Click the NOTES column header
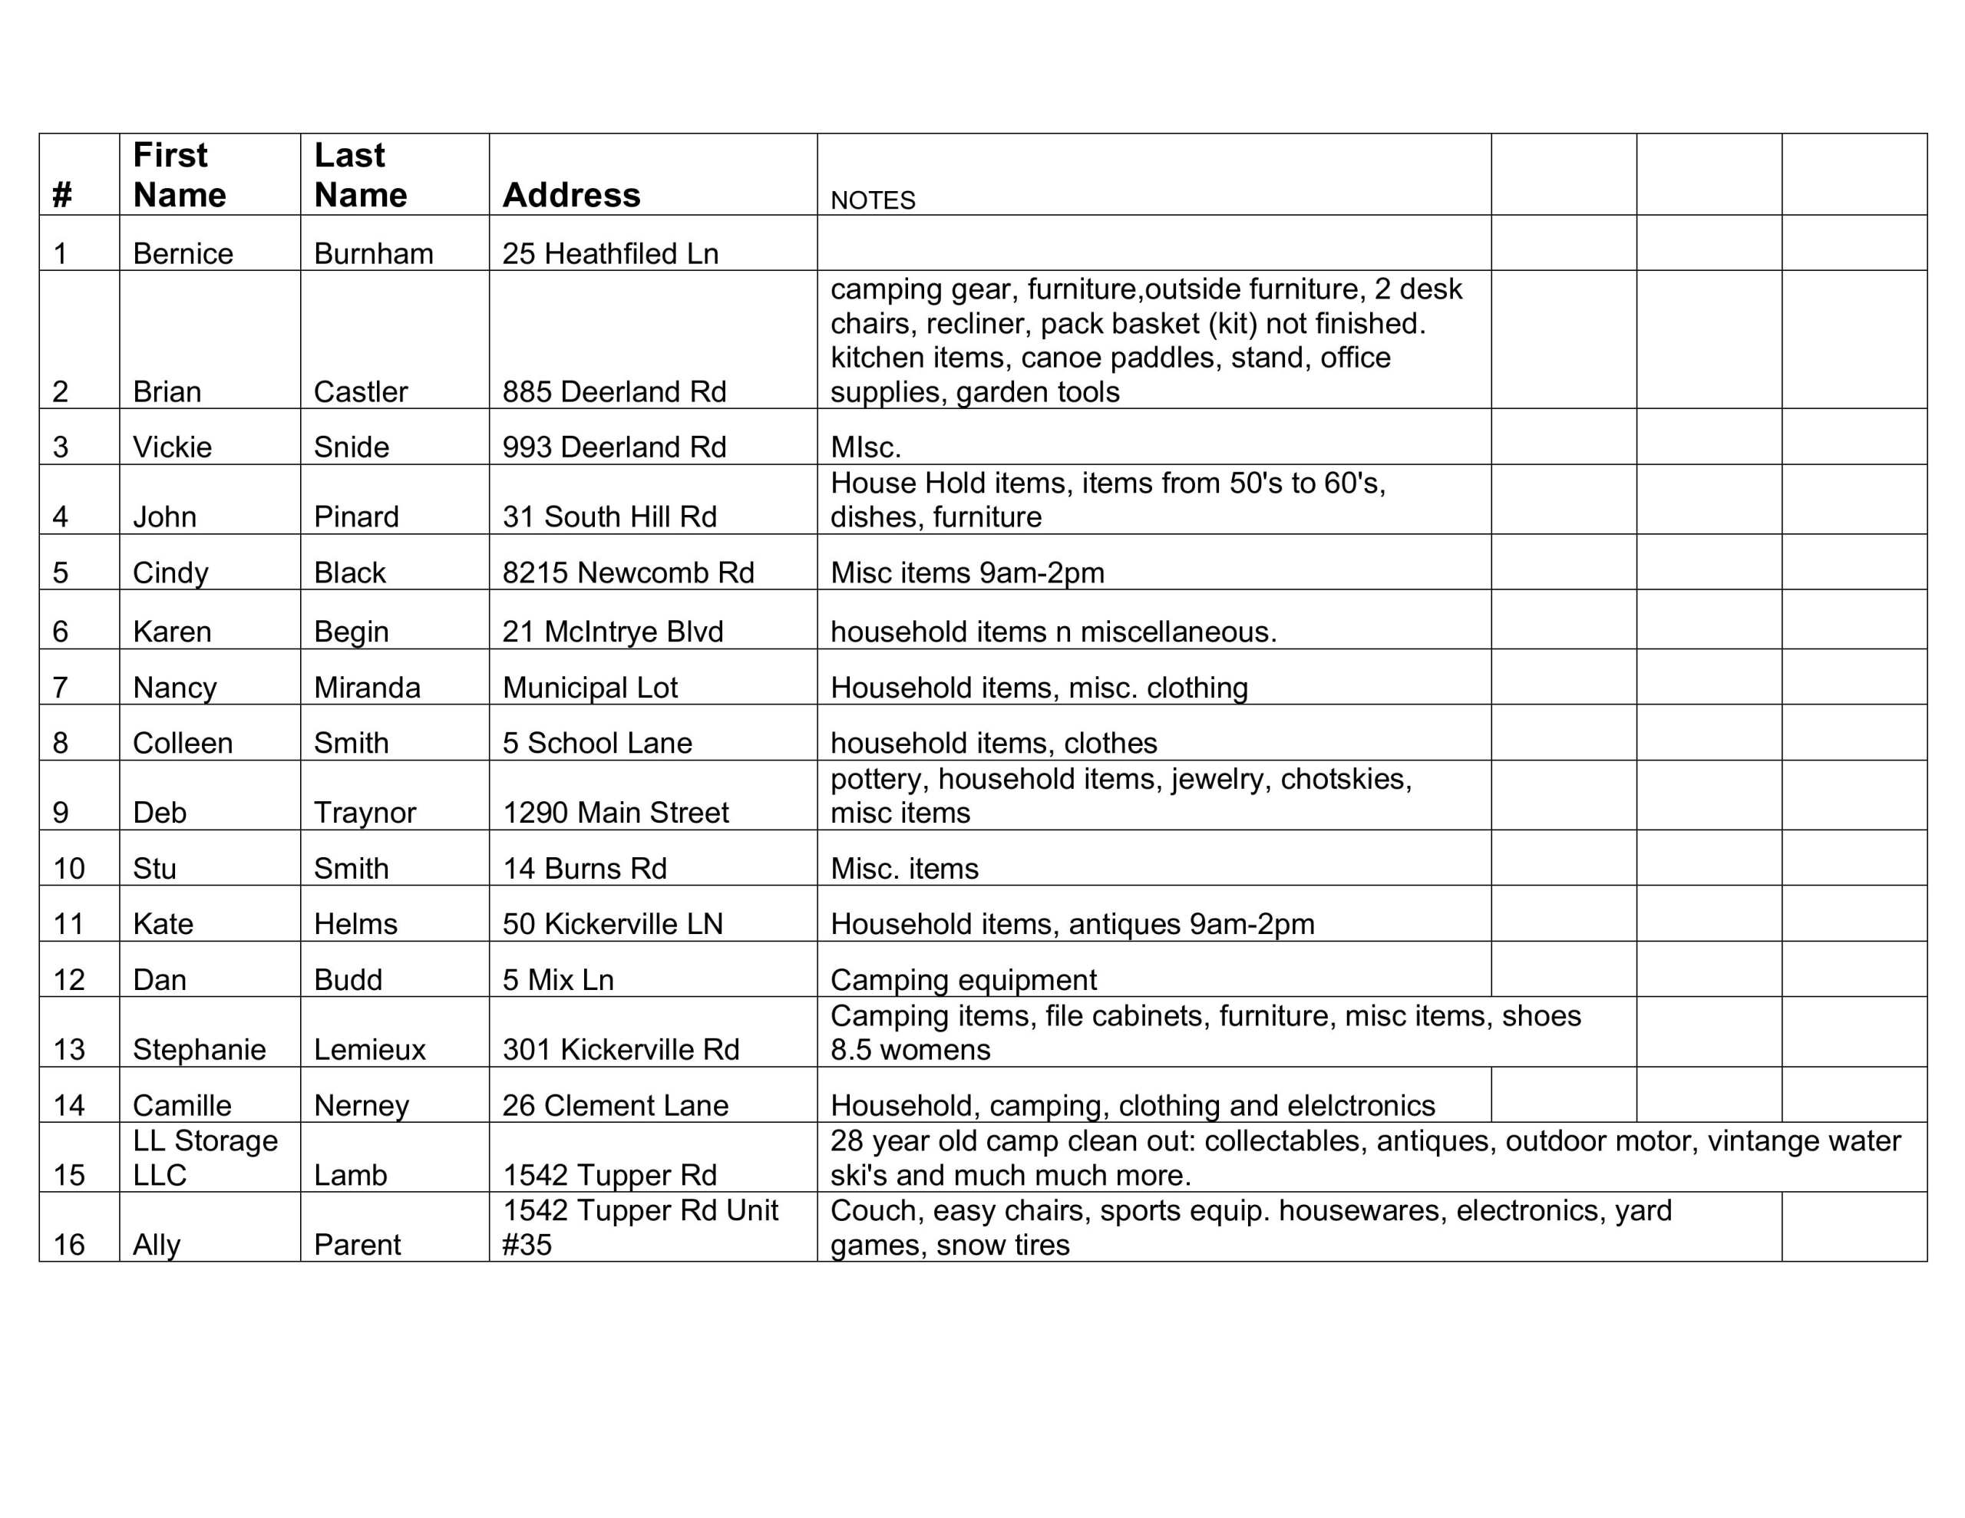[x=872, y=200]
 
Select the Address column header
[x=570, y=194]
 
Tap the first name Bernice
[x=183, y=254]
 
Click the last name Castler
[x=360, y=391]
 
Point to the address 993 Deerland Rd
[x=613, y=447]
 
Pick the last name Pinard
[x=355, y=516]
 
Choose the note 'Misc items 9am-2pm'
[x=966, y=573]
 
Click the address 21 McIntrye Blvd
[x=612, y=632]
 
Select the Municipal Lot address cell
[x=589, y=688]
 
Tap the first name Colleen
[x=183, y=743]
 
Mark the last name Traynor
[x=365, y=813]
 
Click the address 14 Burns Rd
[x=584, y=868]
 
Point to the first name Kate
[x=163, y=924]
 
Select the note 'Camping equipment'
[x=963, y=980]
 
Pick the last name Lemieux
[x=369, y=1049]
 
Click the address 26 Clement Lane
[x=615, y=1105]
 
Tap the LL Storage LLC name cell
[x=205, y=1157]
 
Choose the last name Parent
[x=356, y=1245]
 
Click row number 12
[x=68, y=980]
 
